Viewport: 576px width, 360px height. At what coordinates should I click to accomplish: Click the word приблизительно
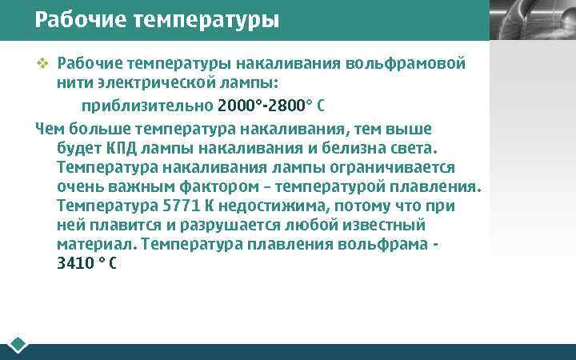146,106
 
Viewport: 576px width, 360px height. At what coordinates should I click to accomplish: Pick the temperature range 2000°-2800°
260,106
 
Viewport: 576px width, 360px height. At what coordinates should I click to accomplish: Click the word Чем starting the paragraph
50,128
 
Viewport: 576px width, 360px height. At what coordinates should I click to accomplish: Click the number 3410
75,264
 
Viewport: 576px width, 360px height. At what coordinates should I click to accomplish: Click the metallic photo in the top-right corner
531,20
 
